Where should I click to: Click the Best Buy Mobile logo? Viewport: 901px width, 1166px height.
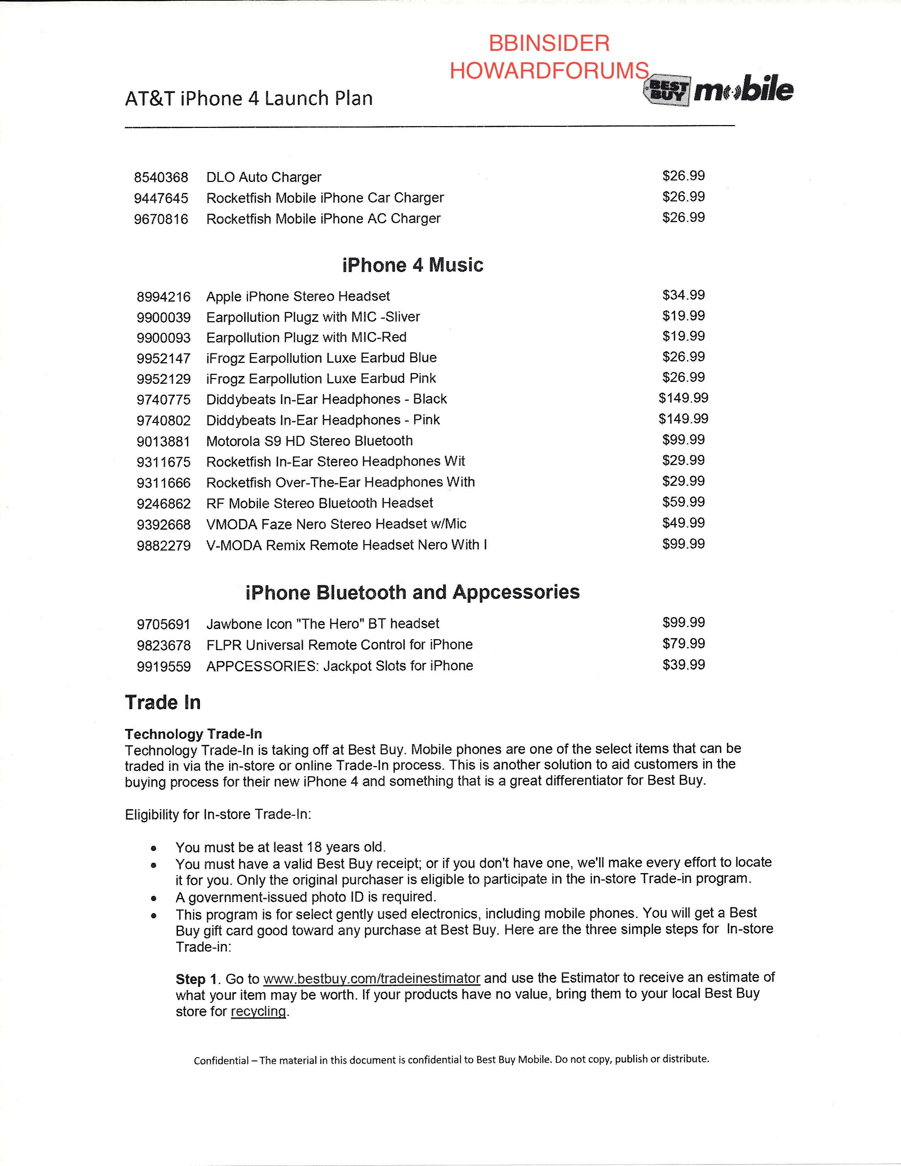718,90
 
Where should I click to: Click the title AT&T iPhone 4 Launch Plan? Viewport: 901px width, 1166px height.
249,99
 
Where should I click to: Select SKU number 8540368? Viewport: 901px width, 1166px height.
161,177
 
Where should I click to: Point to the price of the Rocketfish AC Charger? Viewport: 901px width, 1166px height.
683,217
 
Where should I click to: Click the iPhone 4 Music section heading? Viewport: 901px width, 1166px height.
413,265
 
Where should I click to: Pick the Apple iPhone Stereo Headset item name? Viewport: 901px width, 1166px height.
298,296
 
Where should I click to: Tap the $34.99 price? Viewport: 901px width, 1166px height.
683,295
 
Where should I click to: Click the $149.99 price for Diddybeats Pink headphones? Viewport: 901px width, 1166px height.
683,419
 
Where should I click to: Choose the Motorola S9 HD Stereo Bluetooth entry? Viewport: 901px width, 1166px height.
310,441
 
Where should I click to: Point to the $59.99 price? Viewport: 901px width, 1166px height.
683,502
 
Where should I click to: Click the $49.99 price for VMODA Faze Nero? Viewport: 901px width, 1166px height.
683,523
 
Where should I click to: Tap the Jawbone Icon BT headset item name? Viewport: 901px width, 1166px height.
322,624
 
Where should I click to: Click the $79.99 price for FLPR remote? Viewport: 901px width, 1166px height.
683,643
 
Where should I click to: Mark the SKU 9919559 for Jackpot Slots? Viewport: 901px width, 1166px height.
163,667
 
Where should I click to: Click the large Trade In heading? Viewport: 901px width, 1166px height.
163,702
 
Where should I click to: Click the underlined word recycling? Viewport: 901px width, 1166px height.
258,1012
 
